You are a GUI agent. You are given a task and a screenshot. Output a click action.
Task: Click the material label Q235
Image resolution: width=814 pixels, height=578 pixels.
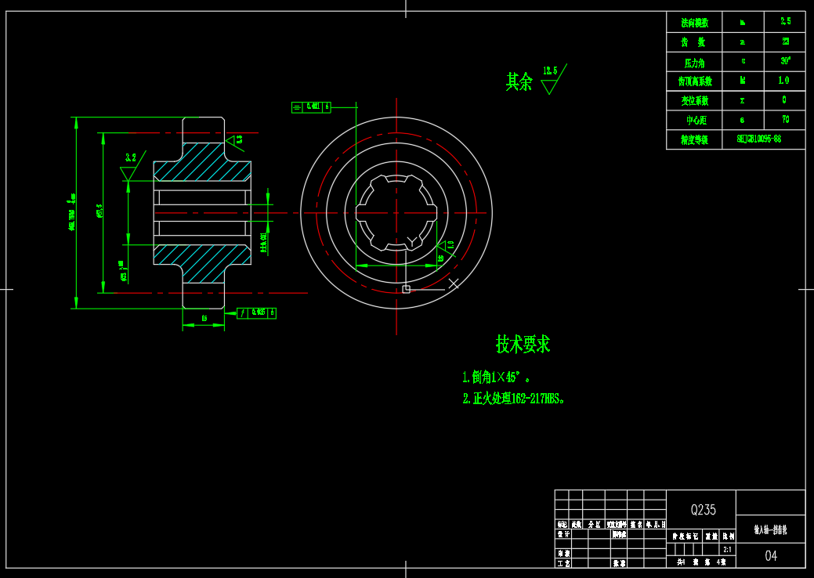click(x=703, y=510)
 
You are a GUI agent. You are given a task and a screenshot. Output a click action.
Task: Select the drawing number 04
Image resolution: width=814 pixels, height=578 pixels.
click(x=771, y=556)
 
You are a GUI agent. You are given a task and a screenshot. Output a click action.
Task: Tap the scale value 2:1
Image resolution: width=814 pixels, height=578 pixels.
click(x=728, y=550)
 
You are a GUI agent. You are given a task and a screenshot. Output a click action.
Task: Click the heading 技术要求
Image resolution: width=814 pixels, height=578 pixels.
click(x=523, y=344)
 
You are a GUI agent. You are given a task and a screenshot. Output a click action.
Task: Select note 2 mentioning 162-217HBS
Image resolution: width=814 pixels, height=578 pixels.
click(x=513, y=398)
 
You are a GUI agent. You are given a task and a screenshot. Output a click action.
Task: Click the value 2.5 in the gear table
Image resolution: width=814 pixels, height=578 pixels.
click(x=785, y=21)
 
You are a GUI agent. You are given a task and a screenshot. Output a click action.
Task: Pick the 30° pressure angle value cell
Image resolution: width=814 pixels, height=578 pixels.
click(x=785, y=60)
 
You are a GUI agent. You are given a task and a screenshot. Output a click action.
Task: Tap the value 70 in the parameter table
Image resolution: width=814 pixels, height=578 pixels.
click(x=785, y=120)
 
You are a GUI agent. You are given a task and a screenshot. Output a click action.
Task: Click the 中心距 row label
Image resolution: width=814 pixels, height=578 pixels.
click(x=694, y=121)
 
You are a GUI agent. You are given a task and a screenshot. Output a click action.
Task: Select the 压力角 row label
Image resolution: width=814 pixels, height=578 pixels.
click(x=694, y=62)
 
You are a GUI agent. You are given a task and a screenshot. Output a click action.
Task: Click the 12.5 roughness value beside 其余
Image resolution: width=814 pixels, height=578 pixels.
click(x=550, y=71)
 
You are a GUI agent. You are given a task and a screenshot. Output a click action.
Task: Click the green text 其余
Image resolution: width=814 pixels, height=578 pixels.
click(x=519, y=81)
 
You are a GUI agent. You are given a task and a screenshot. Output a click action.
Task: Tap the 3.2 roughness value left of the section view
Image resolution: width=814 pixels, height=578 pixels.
click(x=130, y=157)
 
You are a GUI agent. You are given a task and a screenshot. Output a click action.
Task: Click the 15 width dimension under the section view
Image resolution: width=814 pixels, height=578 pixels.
click(x=204, y=318)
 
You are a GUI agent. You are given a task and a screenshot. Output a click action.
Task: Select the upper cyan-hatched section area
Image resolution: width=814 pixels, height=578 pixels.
click(x=202, y=163)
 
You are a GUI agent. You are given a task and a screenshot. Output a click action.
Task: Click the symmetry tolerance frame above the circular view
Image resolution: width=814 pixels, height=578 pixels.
click(x=311, y=107)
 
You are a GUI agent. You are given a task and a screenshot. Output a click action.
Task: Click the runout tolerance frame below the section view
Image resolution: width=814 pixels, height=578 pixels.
click(x=256, y=313)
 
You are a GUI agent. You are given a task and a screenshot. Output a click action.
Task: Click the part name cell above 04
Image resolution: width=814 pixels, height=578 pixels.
click(x=770, y=529)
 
